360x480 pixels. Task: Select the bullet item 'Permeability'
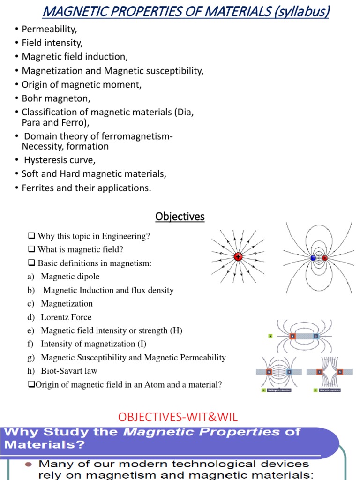click(x=49, y=29)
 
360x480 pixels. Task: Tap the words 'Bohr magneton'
click(x=56, y=98)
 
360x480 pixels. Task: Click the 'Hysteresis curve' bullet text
click(x=60, y=160)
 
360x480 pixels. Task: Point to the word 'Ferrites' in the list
click(x=38, y=187)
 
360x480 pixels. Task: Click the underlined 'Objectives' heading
click(x=180, y=217)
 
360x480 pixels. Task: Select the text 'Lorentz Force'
click(x=66, y=317)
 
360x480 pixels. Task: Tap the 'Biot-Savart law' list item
click(x=69, y=371)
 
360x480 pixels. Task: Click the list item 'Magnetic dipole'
click(x=70, y=277)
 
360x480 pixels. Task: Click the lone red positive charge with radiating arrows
click(x=238, y=257)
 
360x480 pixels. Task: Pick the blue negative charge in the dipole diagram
click(x=313, y=257)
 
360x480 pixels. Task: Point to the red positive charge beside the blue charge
click(x=324, y=257)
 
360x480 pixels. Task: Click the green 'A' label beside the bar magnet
click(x=270, y=336)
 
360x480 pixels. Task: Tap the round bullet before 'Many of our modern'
click(x=28, y=465)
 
